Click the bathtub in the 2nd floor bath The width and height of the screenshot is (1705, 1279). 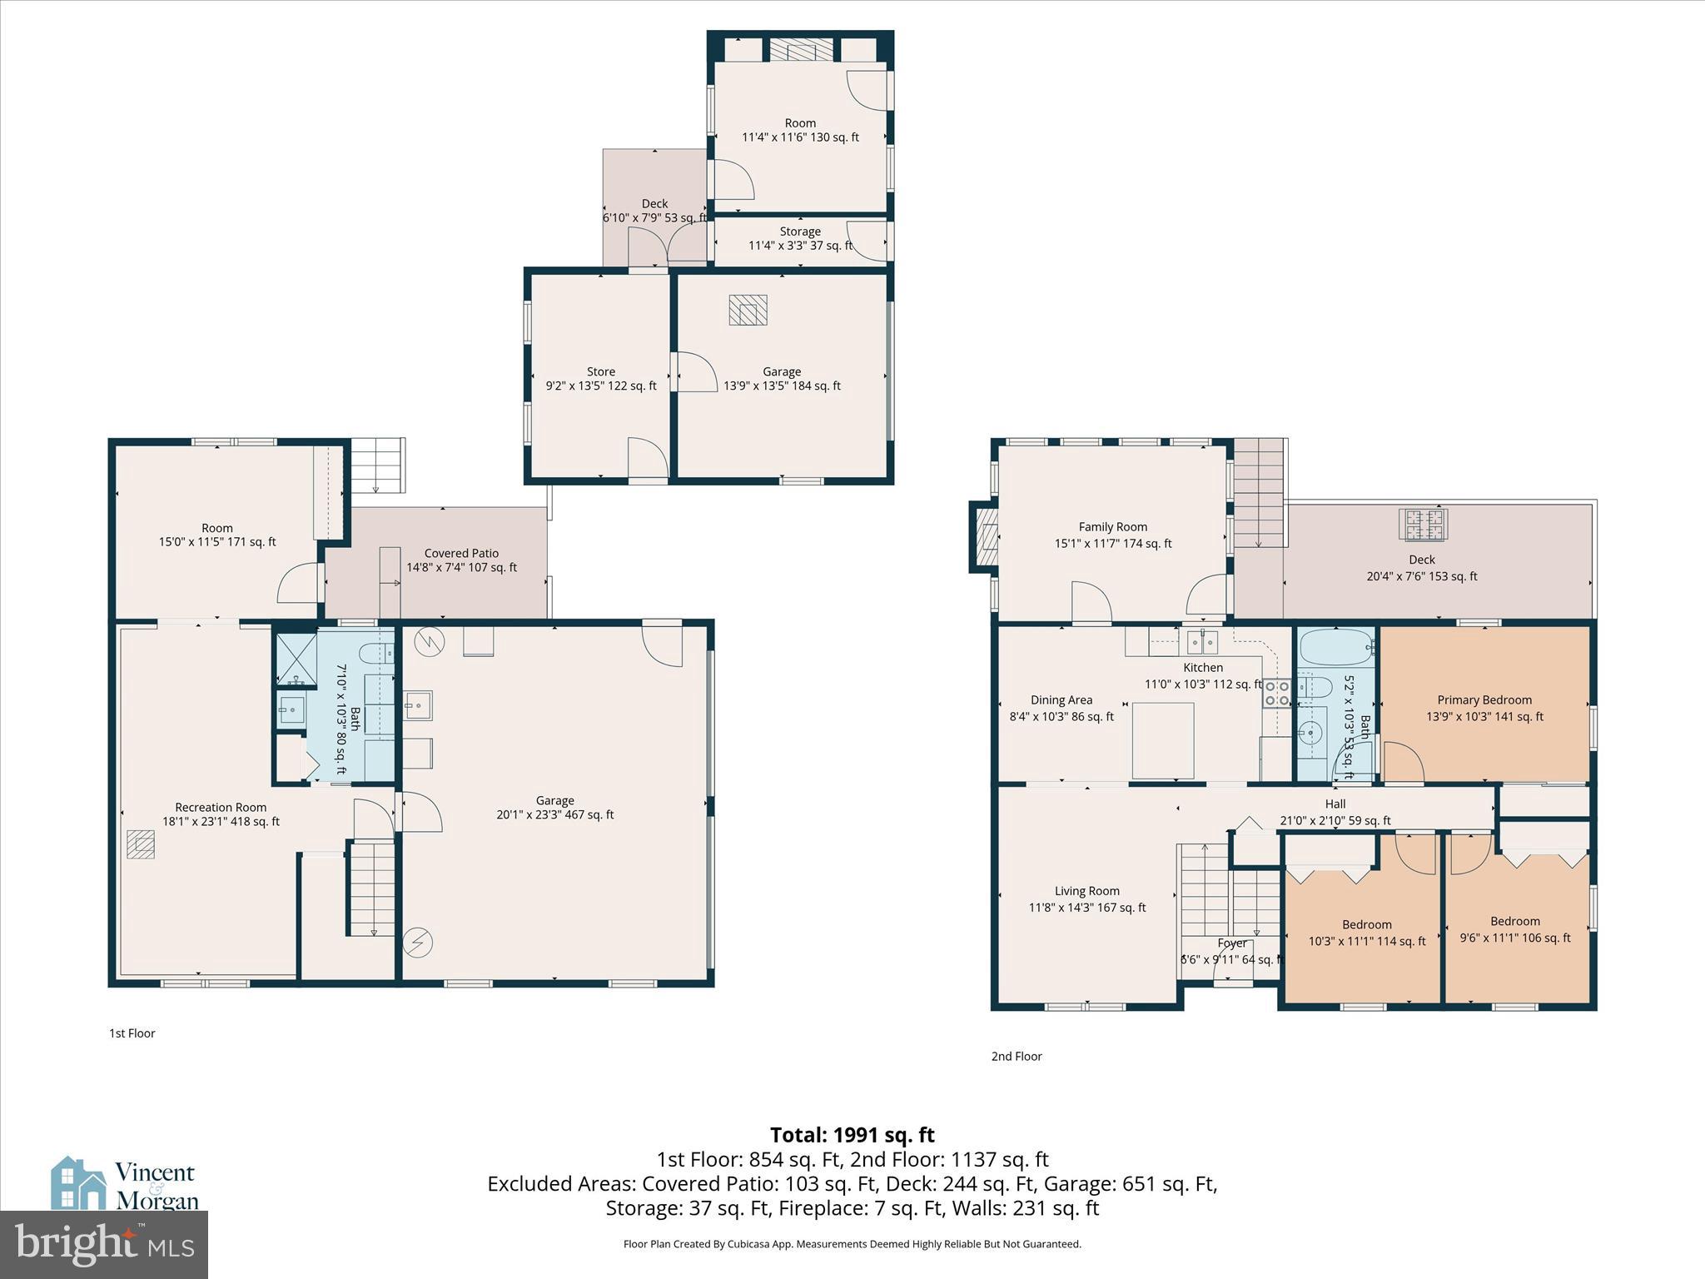click(1335, 646)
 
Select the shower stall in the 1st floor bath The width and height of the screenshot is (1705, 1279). click(296, 659)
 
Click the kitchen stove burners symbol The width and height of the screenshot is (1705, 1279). click(1276, 693)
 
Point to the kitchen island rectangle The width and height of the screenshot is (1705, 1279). click(1163, 740)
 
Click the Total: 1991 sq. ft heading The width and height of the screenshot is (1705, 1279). click(852, 1135)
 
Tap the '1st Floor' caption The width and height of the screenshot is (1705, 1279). click(132, 1033)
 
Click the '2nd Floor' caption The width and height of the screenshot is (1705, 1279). click(1016, 1057)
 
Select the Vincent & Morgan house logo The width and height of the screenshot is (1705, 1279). click(78, 1182)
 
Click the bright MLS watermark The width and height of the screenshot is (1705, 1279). click(104, 1244)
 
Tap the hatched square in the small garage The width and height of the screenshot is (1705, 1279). click(748, 310)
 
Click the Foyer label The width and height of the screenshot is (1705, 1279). click(1232, 943)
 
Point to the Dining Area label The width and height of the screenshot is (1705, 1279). click(1061, 700)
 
